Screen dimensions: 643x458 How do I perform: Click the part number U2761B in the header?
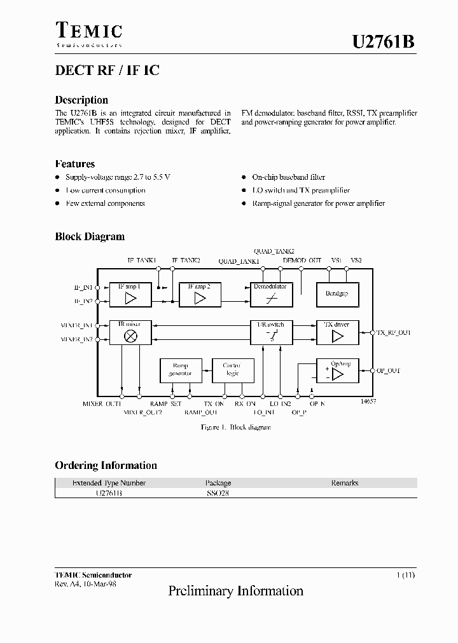point(384,43)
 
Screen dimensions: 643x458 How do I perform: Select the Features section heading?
point(75,164)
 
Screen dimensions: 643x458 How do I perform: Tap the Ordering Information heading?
point(106,465)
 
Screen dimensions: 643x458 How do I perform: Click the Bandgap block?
point(338,294)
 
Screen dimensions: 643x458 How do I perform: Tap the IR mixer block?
point(131,332)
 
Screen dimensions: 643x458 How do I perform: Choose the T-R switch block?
point(270,332)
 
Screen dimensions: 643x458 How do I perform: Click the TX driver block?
point(338,332)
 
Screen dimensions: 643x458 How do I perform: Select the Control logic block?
point(232,370)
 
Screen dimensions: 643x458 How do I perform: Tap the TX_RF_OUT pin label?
point(394,332)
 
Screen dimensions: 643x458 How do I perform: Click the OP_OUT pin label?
point(389,370)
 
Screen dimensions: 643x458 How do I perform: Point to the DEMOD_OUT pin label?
point(302,261)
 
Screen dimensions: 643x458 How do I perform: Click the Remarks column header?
point(345,483)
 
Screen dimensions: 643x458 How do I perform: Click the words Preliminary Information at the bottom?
point(235,592)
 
